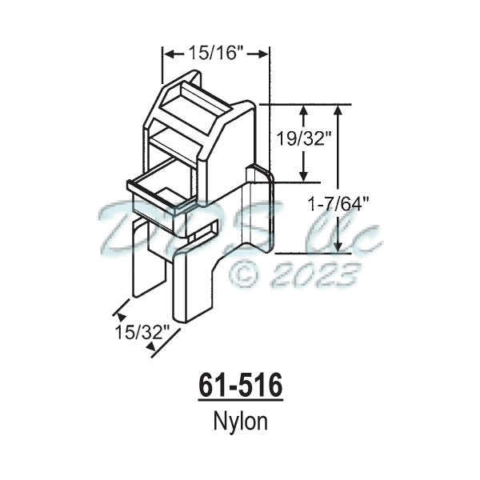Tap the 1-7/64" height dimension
tap(339, 203)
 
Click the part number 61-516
tap(239, 386)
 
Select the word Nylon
tap(239, 422)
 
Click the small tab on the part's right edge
tap(259, 174)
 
